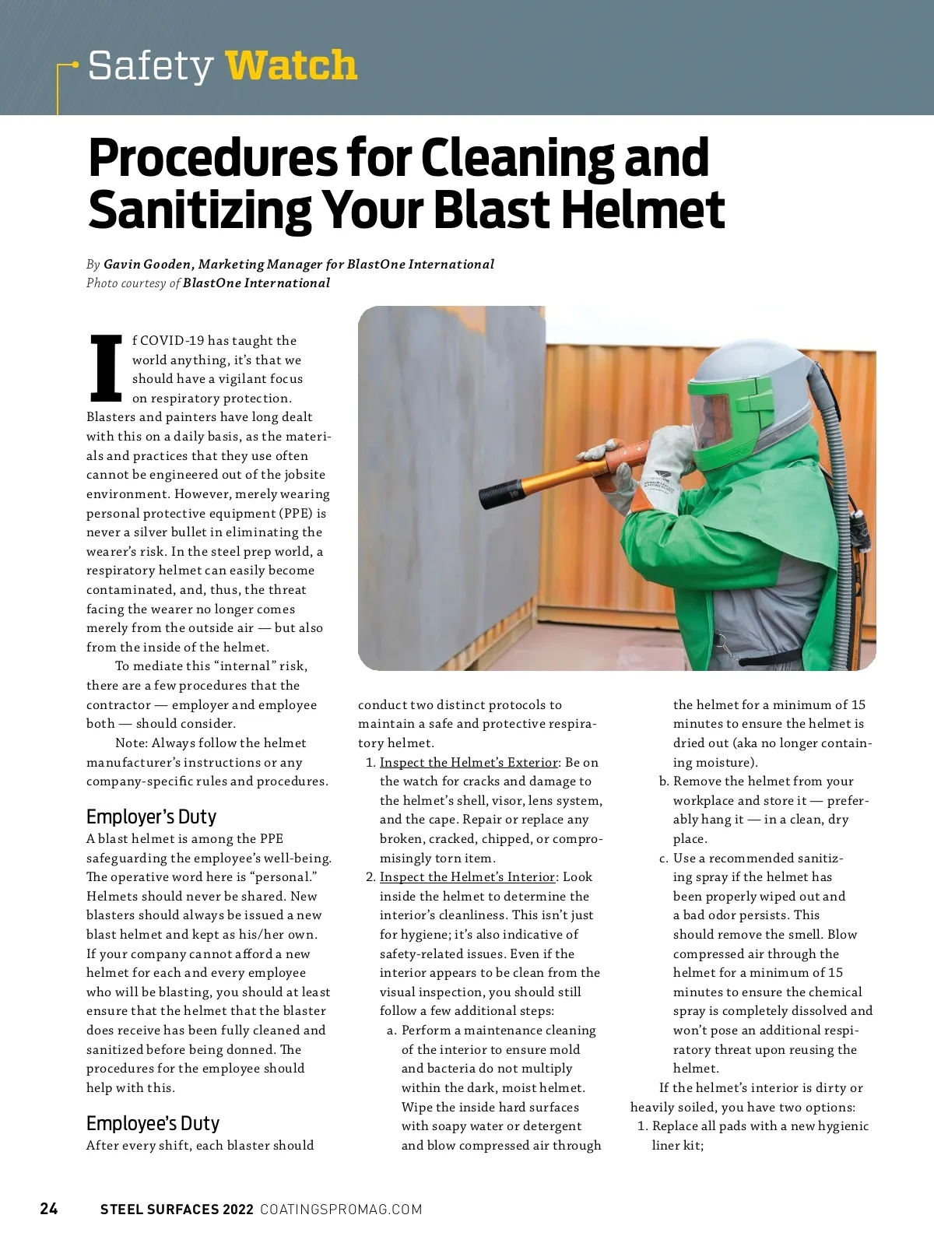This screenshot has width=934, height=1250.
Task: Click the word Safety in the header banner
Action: tap(150, 65)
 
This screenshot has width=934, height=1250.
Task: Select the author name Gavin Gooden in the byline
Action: tap(147, 265)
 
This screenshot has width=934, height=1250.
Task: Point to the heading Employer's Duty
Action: tap(151, 816)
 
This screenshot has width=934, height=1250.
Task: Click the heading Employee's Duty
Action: tap(153, 1123)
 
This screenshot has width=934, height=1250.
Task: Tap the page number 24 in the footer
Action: tap(49, 1209)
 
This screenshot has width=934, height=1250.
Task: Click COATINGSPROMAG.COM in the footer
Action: tap(341, 1210)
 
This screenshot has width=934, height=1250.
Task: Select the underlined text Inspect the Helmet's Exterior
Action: tap(469, 762)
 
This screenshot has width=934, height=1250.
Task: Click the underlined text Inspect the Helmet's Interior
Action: tap(467, 877)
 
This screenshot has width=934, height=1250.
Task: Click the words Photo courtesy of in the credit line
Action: tap(133, 283)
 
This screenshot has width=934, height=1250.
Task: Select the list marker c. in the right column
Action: tap(664, 858)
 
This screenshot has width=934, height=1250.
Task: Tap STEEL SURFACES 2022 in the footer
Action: tap(177, 1210)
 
